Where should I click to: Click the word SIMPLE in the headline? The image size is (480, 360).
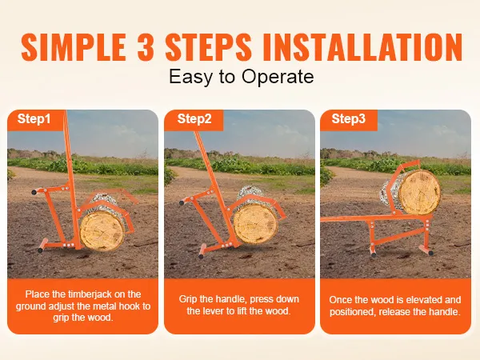[x=74, y=47]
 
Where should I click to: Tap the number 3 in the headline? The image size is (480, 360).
[x=146, y=47]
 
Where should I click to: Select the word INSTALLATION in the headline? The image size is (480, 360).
[x=362, y=47]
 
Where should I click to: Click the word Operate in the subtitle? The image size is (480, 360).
[x=278, y=77]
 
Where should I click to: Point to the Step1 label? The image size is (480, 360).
[x=34, y=118]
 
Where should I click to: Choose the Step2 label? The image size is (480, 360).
[x=194, y=118]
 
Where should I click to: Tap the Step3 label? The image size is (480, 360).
[x=349, y=118]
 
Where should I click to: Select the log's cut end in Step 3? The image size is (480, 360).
[x=419, y=192]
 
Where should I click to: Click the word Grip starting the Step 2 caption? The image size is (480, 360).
[x=188, y=299]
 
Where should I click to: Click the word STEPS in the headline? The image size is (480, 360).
[x=208, y=47]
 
